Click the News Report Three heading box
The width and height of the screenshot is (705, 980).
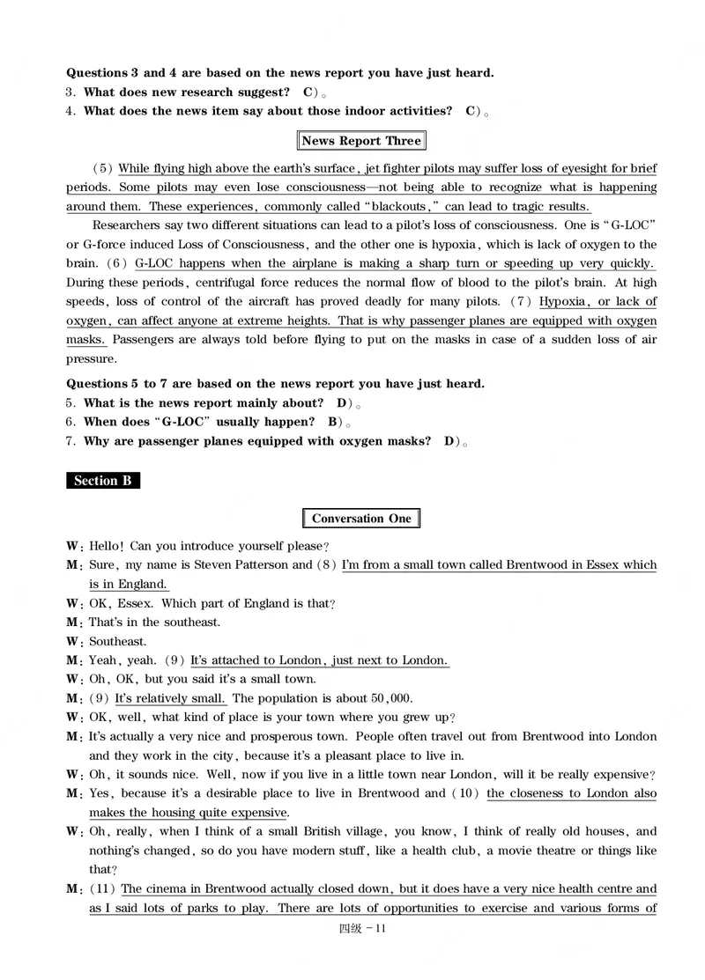tap(361, 141)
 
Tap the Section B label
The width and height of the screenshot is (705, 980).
tap(102, 481)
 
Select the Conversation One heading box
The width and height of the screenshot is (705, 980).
tap(361, 519)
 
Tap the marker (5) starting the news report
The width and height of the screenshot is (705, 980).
tap(102, 168)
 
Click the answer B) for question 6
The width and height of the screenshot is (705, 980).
tap(333, 422)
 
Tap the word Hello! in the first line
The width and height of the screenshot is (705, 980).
tap(108, 546)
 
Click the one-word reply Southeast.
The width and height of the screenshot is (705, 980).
tap(118, 642)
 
